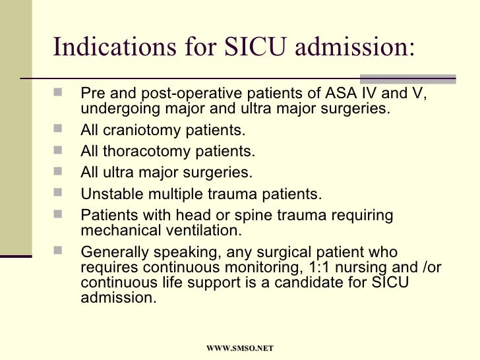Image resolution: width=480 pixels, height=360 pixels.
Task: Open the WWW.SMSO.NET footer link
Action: (240, 347)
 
